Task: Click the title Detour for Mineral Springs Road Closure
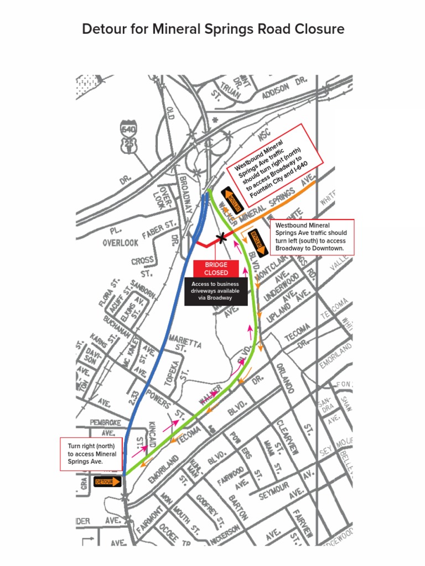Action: pyautogui.click(x=213, y=29)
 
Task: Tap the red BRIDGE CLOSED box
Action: pyautogui.click(x=216, y=269)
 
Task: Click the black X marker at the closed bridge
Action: pyautogui.click(x=222, y=238)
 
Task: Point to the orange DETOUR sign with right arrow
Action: pyautogui.click(x=107, y=481)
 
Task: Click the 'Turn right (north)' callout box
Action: pyautogui.click(x=91, y=454)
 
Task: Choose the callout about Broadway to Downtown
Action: pyautogui.click(x=312, y=237)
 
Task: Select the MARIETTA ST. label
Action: pyautogui.click(x=185, y=341)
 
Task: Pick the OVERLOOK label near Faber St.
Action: pyautogui.click(x=120, y=243)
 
